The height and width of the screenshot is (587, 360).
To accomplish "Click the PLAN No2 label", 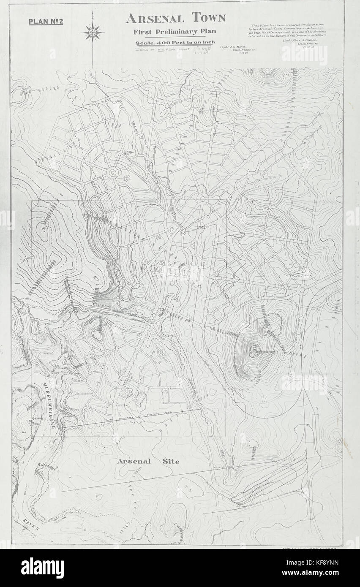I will [x=46, y=22].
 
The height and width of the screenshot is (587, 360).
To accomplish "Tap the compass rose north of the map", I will [x=93, y=32].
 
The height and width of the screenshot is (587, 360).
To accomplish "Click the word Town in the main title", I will [x=208, y=18].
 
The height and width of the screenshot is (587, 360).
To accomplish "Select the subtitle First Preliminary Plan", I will [x=175, y=32].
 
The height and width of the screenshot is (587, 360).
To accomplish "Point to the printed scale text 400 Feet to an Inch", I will [x=175, y=42].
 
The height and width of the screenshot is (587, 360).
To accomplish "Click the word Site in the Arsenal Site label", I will [x=169, y=461].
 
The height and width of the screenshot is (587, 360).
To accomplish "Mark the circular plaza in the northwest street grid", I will [x=113, y=173].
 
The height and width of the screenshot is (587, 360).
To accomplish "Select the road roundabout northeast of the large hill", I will [x=303, y=290].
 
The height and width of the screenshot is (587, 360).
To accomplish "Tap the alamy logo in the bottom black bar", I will [x=42, y=568].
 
